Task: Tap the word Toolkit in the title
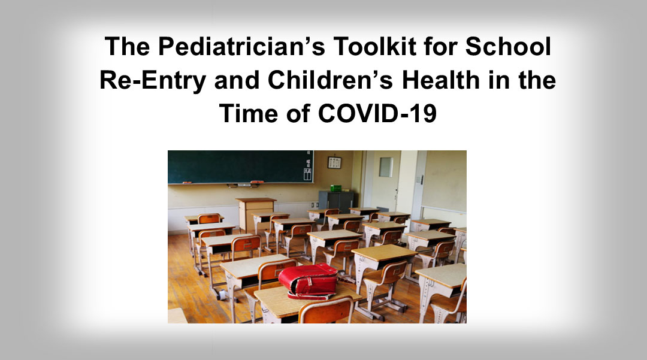pos(374,46)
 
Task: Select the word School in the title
pos(508,46)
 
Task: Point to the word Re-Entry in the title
pos(153,81)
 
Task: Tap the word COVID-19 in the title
pos(377,113)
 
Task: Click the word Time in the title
pos(249,113)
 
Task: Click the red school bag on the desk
pos(309,281)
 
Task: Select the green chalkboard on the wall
pos(241,167)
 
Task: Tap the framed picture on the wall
pos(335,162)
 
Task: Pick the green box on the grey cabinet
pos(336,188)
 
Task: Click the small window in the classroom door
pos(386,167)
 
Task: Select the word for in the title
pos(440,46)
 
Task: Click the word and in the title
pos(237,80)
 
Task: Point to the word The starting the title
pos(127,46)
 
